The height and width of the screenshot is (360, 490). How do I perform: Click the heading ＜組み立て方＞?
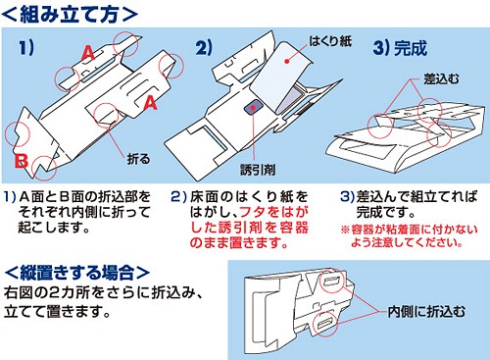pos(70,14)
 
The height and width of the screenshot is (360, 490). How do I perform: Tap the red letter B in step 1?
pos(22,161)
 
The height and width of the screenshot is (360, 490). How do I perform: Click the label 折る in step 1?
pos(138,159)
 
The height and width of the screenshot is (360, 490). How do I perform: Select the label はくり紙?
pos(330,41)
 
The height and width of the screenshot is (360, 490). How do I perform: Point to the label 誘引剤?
pos(258,170)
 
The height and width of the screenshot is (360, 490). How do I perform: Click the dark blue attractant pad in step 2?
pos(254,108)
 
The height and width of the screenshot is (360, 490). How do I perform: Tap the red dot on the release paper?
pos(287,61)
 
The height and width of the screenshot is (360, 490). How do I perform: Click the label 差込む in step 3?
pos(441,78)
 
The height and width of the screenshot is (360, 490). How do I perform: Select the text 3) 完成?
pos(400,48)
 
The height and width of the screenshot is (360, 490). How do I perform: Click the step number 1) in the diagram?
pos(26,48)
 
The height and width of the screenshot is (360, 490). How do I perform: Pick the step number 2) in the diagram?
pos(204,48)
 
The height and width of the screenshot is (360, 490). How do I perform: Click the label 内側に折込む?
pos(426,312)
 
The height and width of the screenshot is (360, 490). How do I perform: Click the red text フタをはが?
pos(273,212)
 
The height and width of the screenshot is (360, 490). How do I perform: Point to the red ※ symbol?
pos(345,230)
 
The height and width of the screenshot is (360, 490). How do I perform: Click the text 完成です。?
pos(385,212)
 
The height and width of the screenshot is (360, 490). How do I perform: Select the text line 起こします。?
pos(54,228)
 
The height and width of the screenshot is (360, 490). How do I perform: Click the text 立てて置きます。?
pos(57,311)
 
